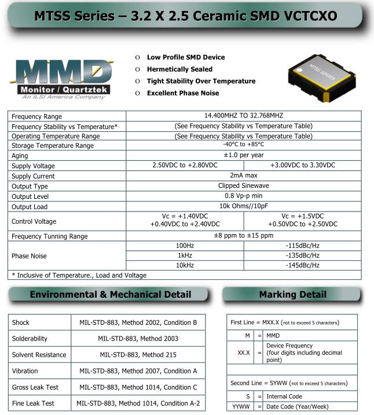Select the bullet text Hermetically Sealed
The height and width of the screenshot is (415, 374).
click(x=179, y=69)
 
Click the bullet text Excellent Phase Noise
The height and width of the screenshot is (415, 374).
click(x=183, y=93)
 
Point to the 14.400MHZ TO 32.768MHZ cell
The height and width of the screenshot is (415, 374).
click(x=243, y=116)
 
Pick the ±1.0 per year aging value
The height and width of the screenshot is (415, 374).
click(x=243, y=155)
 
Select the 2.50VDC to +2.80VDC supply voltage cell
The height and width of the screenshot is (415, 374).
click(x=185, y=165)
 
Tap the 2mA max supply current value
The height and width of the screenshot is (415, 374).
click(x=243, y=176)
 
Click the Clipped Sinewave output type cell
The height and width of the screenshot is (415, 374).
click(x=243, y=186)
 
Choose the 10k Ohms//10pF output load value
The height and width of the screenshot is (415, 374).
click(x=243, y=206)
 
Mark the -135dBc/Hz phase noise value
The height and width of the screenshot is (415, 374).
click(x=302, y=255)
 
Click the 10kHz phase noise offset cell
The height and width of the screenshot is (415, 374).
click(x=185, y=265)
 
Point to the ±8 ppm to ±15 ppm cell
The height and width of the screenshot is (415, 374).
click(x=243, y=236)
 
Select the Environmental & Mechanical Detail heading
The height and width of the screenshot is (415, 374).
click(x=110, y=295)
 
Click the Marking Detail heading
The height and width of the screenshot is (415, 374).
click(x=292, y=295)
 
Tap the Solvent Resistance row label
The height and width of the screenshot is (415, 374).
click(x=39, y=354)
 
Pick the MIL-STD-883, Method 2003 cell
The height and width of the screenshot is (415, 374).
click(x=138, y=338)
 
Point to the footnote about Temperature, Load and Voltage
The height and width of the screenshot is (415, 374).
click(x=79, y=275)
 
